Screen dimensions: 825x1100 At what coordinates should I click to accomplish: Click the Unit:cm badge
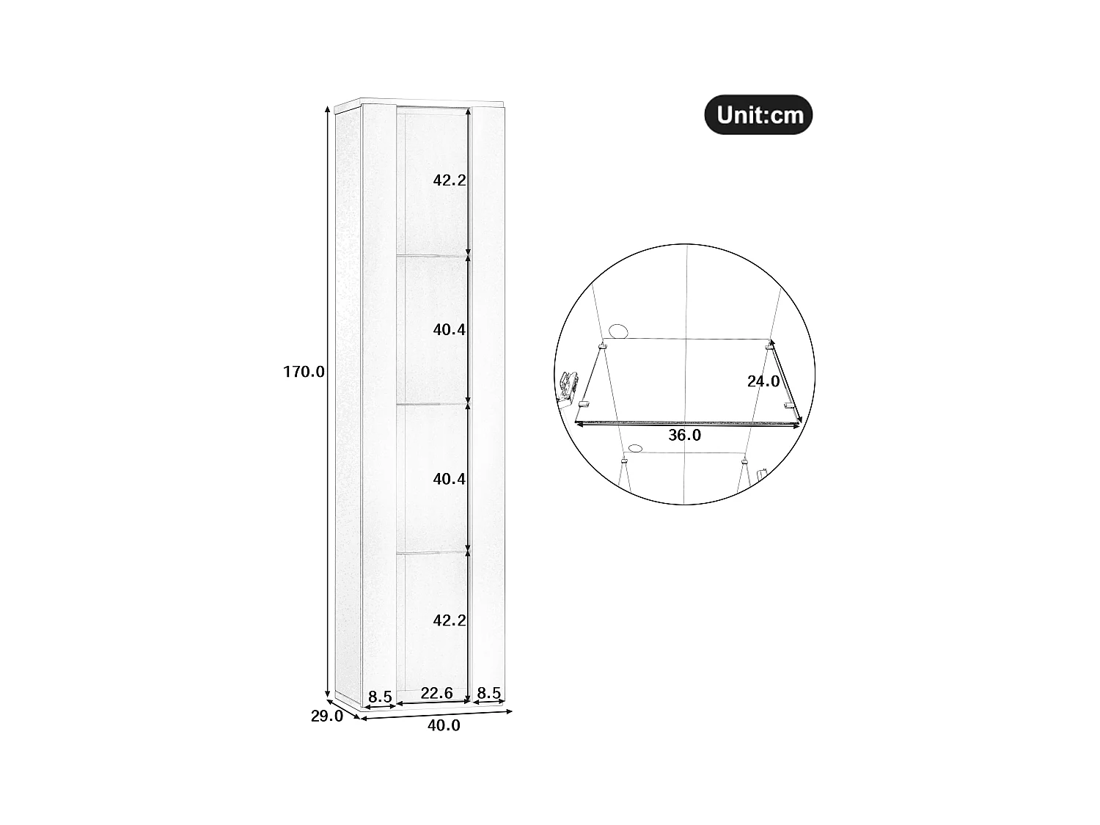[x=758, y=115]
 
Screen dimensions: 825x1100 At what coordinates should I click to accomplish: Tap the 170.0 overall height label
[x=304, y=372]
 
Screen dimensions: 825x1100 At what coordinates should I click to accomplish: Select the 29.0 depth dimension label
[x=326, y=716]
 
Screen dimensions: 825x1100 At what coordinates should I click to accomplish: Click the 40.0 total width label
[x=444, y=725]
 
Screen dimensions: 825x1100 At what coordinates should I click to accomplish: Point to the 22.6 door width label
[x=436, y=693]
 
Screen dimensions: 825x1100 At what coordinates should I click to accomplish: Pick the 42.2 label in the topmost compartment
[x=449, y=180]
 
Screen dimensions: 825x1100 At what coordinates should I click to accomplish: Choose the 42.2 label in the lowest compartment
[x=449, y=620]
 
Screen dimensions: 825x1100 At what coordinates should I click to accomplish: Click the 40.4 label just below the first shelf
[x=449, y=330]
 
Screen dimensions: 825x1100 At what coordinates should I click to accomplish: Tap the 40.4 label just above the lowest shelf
[x=449, y=479]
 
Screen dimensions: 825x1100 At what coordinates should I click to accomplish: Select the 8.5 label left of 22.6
[x=380, y=697]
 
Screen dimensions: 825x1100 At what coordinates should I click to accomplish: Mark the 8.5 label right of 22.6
[x=488, y=693]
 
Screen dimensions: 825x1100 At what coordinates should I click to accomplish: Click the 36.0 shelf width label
[x=684, y=436]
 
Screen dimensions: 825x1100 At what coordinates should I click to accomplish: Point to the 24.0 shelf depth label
[x=763, y=381]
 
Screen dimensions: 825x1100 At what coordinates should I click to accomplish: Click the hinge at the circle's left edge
[x=567, y=386]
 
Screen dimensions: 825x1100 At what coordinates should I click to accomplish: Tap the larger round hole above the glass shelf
[x=618, y=331]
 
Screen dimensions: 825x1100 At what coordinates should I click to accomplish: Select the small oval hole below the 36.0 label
[x=635, y=447]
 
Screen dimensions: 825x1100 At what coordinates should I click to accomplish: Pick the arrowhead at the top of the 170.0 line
[x=328, y=109]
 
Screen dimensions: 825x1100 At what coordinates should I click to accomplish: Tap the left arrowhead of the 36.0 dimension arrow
[x=579, y=423]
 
